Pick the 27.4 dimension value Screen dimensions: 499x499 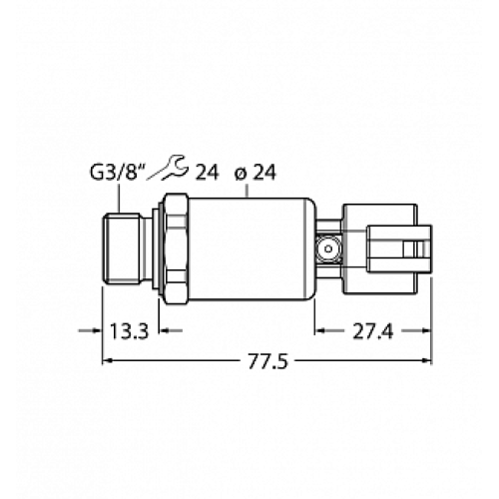coord(370,330)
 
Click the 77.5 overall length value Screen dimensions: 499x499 coord(266,363)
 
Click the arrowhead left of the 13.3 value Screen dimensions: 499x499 coord(94,330)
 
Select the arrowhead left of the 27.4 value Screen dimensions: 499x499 coord(320,330)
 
